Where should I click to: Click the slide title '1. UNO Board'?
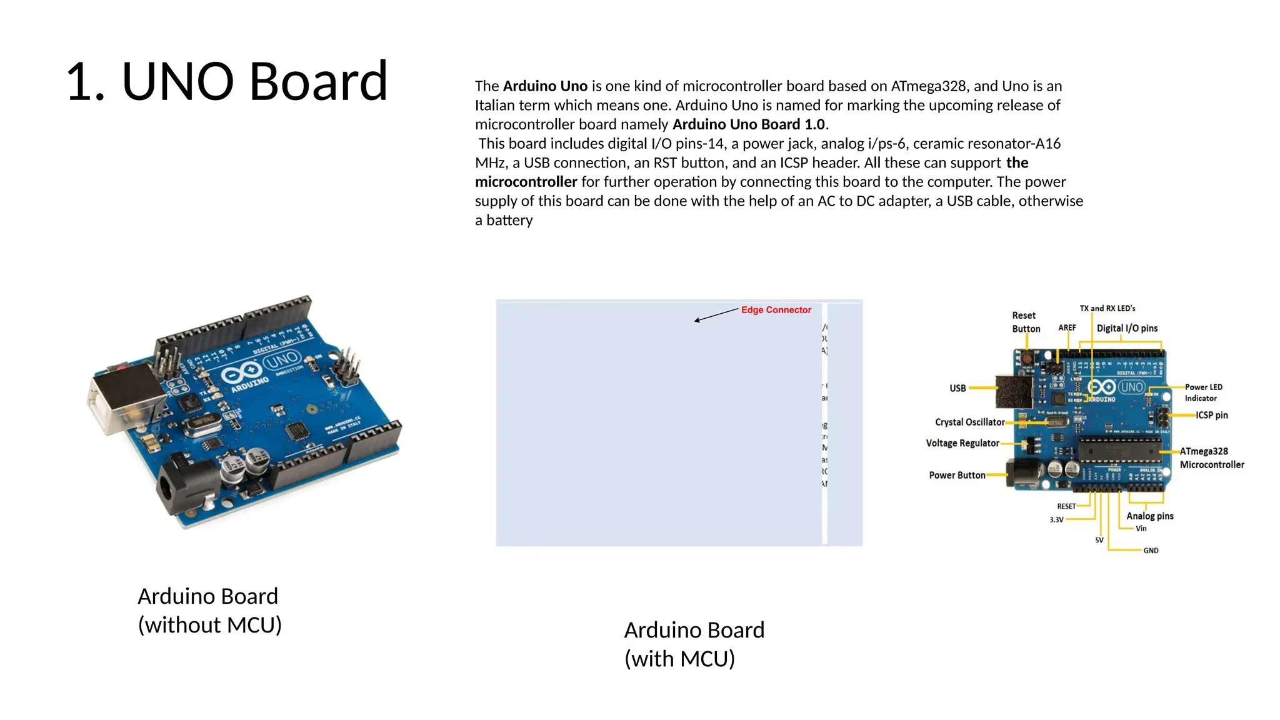tap(226, 81)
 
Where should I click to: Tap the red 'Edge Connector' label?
tap(776, 310)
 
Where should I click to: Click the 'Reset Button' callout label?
tap(1026, 322)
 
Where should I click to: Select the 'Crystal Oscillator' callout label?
tap(969, 422)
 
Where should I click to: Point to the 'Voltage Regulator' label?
tap(962, 443)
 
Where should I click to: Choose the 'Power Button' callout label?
tap(957, 476)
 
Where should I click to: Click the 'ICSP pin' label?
tap(1211, 416)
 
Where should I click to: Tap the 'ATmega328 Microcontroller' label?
tap(1211, 458)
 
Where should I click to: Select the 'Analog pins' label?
tap(1149, 516)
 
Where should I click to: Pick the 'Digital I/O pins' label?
tap(1127, 329)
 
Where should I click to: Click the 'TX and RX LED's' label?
tap(1107, 309)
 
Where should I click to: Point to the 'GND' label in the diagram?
tap(1151, 551)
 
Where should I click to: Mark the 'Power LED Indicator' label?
tap(1202, 392)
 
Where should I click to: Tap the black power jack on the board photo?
tap(181, 487)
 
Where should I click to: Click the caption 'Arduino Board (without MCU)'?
tap(209, 611)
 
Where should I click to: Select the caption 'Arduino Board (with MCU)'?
tap(694, 644)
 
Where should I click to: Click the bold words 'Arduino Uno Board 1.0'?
tap(749, 124)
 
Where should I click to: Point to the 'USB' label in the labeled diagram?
tap(957, 389)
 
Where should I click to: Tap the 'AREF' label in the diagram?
tap(1067, 328)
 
